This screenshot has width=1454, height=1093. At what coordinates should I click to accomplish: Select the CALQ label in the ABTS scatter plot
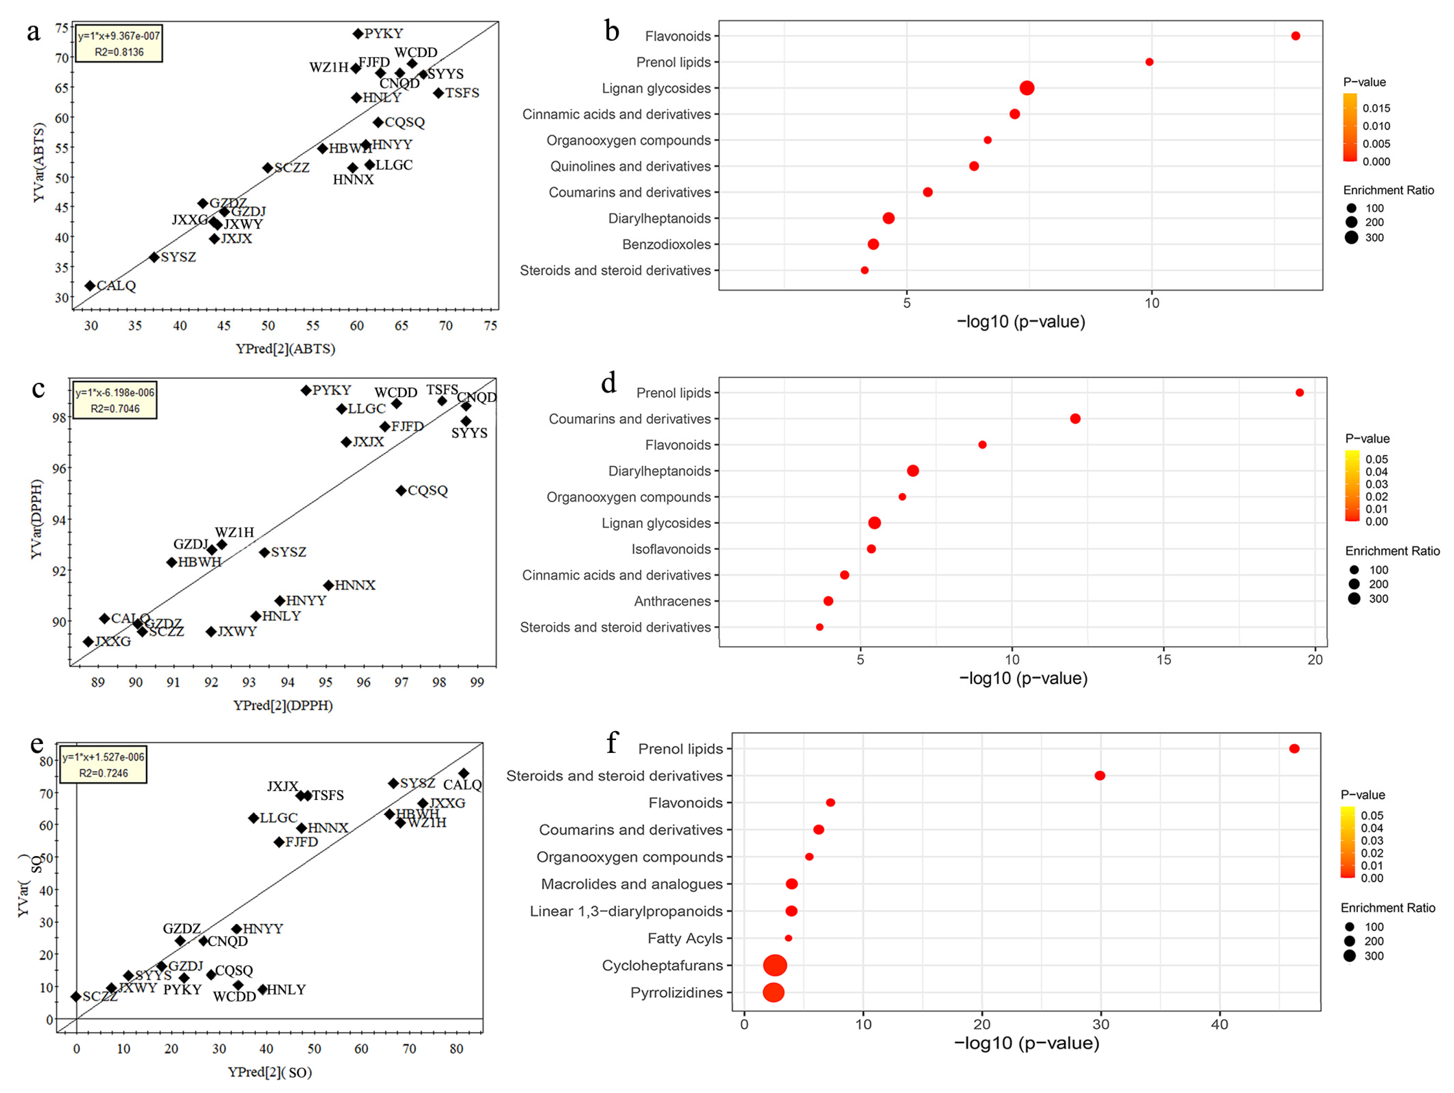[116, 286]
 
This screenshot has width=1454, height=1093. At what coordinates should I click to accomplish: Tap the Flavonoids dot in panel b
[1295, 36]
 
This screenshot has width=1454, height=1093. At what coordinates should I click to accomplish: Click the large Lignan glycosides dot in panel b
[1027, 88]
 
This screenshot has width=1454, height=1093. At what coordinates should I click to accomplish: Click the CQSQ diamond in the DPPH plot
[401, 491]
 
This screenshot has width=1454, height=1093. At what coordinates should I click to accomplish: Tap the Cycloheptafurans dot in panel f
[775, 965]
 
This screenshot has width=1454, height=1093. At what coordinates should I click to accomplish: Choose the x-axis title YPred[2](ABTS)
[285, 349]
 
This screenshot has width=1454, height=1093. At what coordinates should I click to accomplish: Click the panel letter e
[37, 744]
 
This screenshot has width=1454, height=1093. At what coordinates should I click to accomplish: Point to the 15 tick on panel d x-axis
[1164, 659]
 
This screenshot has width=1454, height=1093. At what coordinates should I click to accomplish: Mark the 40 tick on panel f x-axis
[1219, 1024]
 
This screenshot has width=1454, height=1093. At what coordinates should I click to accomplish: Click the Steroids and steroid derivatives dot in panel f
[1100, 776]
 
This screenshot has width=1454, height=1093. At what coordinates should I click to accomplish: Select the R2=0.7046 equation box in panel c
[115, 401]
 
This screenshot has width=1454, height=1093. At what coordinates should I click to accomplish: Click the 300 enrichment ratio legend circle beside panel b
[1352, 238]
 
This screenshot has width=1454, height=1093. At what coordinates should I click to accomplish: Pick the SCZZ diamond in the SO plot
[76, 997]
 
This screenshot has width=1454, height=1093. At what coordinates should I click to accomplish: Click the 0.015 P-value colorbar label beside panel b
[1376, 108]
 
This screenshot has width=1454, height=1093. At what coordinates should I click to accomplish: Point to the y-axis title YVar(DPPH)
[37, 519]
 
